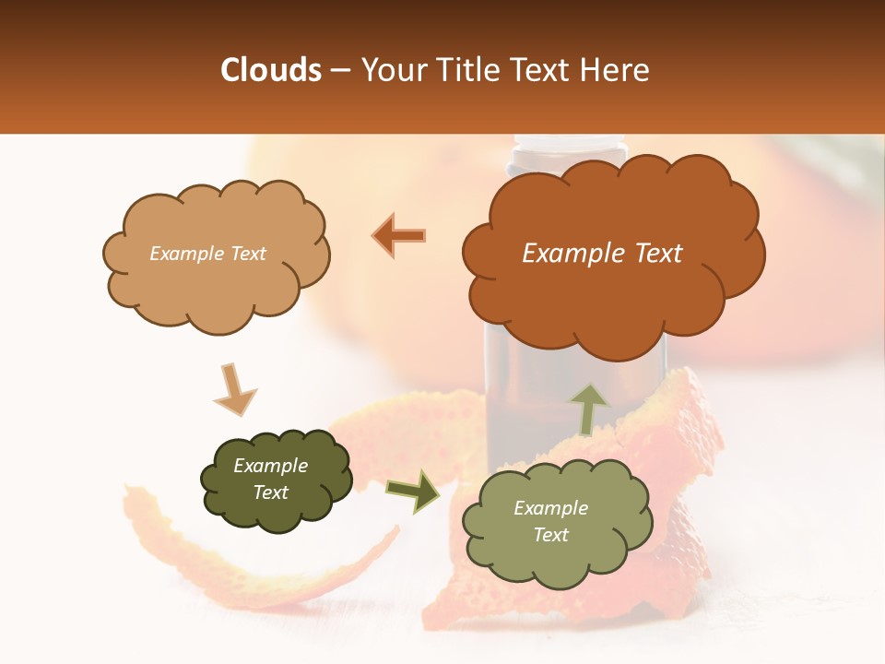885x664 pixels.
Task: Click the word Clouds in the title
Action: click(x=271, y=70)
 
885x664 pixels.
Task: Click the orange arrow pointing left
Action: click(x=398, y=235)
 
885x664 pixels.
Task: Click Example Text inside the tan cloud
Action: click(x=207, y=254)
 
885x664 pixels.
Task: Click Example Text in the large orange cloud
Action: click(x=602, y=254)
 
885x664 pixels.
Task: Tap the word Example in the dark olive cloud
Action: click(x=270, y=466)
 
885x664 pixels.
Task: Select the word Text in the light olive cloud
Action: click(x=550, y=535)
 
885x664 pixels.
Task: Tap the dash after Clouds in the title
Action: click(x=339, y=71)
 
